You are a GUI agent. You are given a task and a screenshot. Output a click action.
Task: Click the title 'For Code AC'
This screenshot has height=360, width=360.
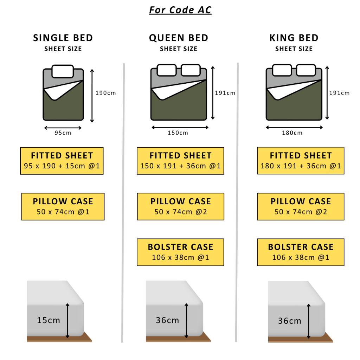point(180,10)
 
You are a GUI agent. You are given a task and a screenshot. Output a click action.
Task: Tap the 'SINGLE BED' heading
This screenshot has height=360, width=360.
point(63,38)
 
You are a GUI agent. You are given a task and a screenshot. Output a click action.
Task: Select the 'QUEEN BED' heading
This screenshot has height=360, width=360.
point(179,38)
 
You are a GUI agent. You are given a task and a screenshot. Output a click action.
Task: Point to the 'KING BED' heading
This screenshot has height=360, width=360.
point(294,38)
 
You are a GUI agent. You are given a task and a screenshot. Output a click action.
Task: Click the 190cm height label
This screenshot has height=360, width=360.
point(105,93)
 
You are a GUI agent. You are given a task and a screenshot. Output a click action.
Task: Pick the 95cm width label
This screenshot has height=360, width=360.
point(63,133)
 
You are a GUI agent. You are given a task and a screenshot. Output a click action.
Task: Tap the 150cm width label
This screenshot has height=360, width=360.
point(178,133)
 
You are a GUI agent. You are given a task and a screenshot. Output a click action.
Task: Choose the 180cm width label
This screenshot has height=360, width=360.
point(292,133)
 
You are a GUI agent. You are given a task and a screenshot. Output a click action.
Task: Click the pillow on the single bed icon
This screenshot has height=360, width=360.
point(63,71)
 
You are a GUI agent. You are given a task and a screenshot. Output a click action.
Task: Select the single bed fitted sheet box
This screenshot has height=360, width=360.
point(62,161)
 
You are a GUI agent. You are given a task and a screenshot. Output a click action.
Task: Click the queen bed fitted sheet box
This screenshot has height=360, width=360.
point(180,161)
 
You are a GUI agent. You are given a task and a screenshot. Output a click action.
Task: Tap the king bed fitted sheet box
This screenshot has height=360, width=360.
point(301,161)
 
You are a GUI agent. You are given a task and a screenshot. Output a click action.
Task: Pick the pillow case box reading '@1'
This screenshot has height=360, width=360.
point(63,207)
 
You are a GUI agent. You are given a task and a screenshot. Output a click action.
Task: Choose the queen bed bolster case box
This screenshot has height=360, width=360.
point(180,252)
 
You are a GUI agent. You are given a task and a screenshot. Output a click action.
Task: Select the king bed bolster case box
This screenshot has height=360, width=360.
point(301,252)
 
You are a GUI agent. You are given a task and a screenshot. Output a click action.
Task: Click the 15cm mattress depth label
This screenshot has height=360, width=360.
point(49,320)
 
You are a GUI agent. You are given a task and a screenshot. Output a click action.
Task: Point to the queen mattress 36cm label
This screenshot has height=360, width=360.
point(167,320)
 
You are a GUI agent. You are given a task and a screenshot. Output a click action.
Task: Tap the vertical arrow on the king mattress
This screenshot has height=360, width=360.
point(309,321)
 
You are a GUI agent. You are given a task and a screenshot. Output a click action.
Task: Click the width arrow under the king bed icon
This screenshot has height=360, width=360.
point(294,127)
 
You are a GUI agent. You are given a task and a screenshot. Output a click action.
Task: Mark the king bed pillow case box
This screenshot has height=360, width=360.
point(301,207)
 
